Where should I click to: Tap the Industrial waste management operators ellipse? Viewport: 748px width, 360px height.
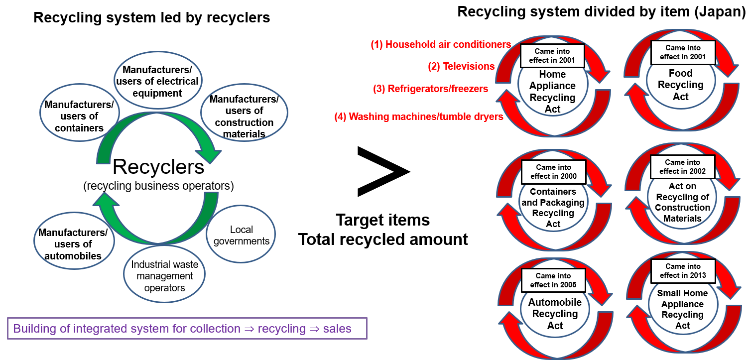click(x=164, y=276)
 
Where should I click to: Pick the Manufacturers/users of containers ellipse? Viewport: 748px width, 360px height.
click(x=79, y=116)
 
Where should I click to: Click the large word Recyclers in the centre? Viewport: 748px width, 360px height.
click(x=158, y=167)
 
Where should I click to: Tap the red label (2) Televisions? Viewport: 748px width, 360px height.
click(x=461, y=66)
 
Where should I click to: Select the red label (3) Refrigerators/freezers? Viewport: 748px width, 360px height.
click(x=430, y=89)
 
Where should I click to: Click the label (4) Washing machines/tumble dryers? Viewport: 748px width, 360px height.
click(x=418, y=117)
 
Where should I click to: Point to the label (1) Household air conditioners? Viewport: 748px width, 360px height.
click(x=441, y=44)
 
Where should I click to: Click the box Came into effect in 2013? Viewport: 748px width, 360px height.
click(x=683, y=271)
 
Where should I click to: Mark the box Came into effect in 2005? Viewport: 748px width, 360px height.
click(x=553, y=280)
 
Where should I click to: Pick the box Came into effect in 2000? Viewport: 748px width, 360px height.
click(x=553, y=172)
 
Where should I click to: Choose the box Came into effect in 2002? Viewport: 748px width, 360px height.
click(x=682, y=167)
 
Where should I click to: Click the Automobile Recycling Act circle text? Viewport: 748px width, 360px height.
click(x=554, y=314)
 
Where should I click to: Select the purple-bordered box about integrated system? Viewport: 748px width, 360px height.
click(x=187, y=329)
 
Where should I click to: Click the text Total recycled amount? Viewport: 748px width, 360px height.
click(x=383, y=239)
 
